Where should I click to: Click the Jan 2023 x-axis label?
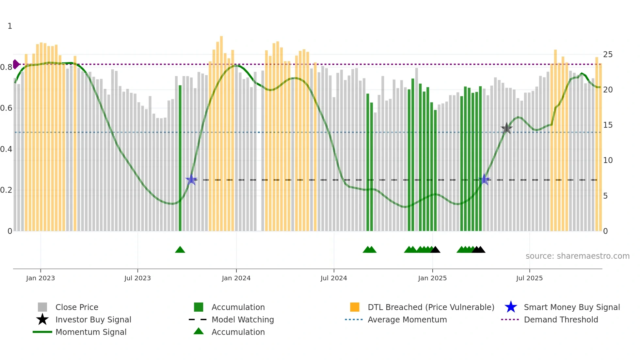(40, 278)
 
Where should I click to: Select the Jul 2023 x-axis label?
(137, 278)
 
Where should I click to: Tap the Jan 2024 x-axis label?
(236, 278)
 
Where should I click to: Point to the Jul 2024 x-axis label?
(334, 278)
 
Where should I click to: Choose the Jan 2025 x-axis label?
(432, 278)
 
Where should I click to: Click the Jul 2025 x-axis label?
(529, 278)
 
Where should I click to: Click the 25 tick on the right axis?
(608, 55)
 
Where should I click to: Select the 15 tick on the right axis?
(608, 125)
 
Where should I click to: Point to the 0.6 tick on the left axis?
(6, 108)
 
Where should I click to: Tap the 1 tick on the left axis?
(10, 26)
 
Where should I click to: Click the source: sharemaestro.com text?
(577, 256)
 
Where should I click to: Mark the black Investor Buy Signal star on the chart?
(506, 128)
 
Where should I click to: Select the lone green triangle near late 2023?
(180, 250)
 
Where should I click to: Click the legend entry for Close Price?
(77, 307)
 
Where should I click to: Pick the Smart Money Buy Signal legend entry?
(572, 307)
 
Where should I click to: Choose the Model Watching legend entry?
(243, 320)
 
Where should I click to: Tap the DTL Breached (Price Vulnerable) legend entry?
(431, 307)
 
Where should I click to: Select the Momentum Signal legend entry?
(91, 332)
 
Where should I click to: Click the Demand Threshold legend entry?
(561, 320)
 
